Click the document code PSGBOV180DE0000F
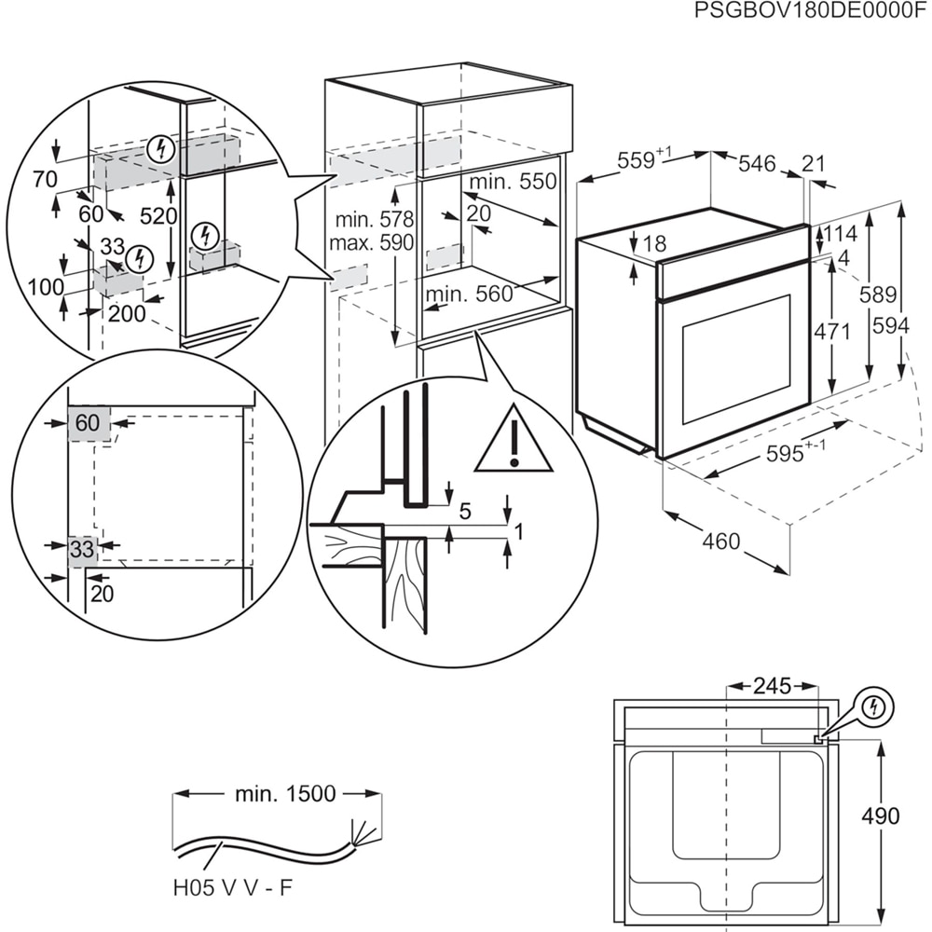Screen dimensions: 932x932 click(x=812, y=11)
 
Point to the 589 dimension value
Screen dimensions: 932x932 click(x=877, y=295)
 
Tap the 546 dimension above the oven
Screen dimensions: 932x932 click(x=757, y=164)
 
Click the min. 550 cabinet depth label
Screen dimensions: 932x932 click(x=512, y=182)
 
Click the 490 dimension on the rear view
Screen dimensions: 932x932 click(x=880, y=816)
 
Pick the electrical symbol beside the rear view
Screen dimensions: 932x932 click(x=873, y=707)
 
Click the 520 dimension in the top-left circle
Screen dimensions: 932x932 click(x=158, y=216)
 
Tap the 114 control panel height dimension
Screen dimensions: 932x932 click(x=839, y=233)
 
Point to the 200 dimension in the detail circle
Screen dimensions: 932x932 click(x=127, y=314)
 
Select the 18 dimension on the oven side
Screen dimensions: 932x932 click(x=655, y=244)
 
